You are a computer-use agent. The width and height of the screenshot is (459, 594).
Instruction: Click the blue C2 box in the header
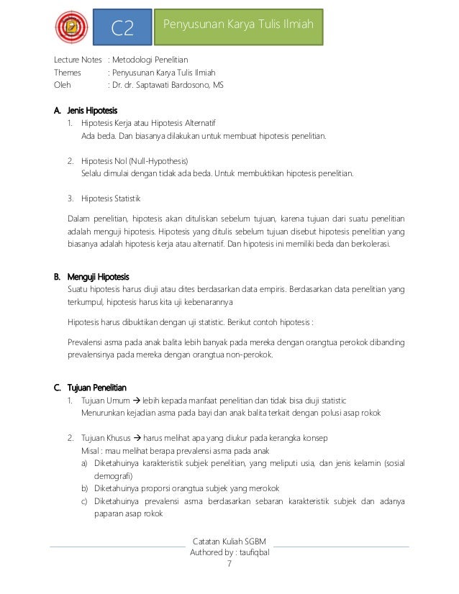coord(123,27)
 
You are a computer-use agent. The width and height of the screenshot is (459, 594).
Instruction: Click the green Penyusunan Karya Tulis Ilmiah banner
coord(240,26)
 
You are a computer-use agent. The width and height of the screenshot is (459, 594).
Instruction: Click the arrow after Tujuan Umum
coord(137,400)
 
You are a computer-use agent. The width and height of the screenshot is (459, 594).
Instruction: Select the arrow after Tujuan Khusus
coord(138,438)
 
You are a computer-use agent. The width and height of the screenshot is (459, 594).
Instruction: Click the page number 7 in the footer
coord(229,565)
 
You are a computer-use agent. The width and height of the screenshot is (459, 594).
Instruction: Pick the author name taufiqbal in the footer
coord(249,552)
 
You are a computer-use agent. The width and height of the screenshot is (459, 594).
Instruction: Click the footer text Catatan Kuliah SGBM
coord(229,541)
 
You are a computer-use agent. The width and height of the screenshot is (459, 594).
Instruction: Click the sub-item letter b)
coord(85,488)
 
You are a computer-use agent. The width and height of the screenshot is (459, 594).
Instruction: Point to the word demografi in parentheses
coord(114,476)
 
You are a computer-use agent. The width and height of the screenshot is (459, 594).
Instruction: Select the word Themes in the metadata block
coord(69,73)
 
